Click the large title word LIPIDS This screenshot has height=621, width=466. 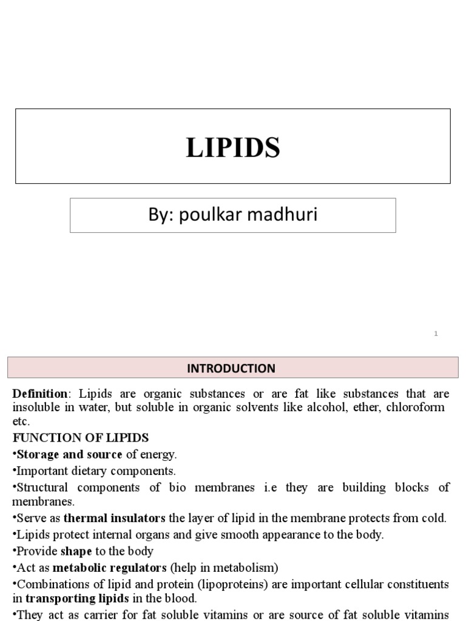tap(233, 147)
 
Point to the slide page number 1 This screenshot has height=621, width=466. tap(436, 334)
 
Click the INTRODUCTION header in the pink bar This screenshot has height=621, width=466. tap(231, 368)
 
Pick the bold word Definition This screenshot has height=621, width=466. tap(40, 394)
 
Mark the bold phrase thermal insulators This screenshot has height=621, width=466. tap(115, 519)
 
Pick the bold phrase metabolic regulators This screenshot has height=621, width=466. tap(109, 568)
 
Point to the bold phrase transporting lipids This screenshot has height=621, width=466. tap(76, 599)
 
